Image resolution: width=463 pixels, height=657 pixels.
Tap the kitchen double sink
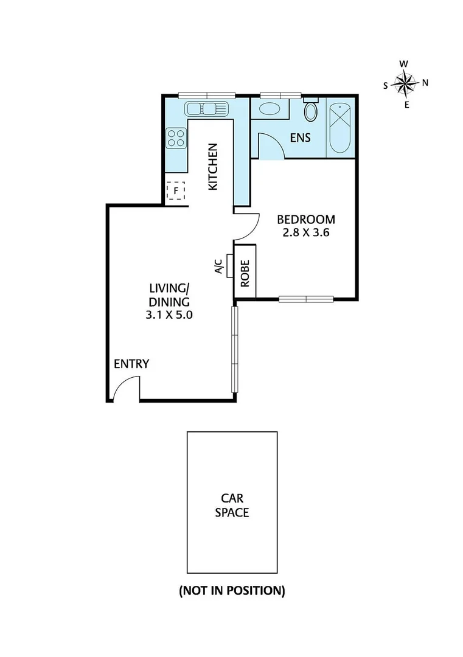(x=206, y=109)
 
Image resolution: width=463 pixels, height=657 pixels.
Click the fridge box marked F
(x=176, y=190)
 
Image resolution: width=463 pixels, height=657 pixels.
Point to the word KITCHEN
(x=213, y=167)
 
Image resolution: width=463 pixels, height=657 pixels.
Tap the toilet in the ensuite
(x=311, y=112)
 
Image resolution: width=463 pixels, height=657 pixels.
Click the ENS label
(x=300, y=138)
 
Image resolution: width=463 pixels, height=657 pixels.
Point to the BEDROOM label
(x=306, y=220)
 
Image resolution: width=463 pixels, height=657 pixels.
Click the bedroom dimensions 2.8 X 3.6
(x=306, y=232)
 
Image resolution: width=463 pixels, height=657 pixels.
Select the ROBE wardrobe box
(x=246, y=271)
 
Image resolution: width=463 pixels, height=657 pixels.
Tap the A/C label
(x=220, y=268)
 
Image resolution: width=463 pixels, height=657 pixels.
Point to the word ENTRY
(x=131, y=364)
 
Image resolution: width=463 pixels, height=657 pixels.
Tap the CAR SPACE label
(x=232, y=505)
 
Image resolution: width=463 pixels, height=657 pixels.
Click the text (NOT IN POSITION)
(x=232, y=590)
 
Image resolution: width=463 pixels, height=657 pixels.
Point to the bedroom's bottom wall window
(x=306, y=299)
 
